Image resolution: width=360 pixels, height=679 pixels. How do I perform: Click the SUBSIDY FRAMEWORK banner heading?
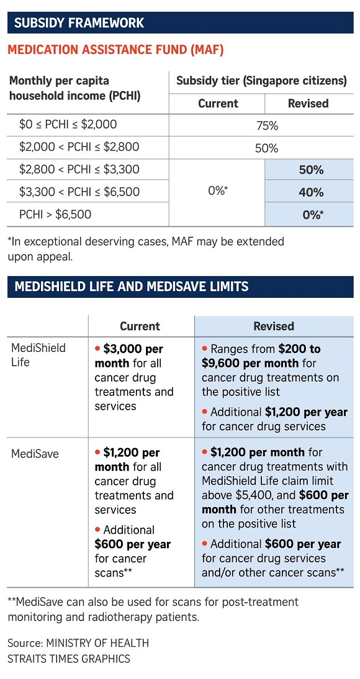pos(79,22)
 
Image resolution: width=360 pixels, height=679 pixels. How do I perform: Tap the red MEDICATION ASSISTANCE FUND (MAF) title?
pos(115,50)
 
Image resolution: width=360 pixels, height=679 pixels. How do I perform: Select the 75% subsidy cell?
pos(267,127)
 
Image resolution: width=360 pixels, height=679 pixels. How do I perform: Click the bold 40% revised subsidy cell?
pos(311,192)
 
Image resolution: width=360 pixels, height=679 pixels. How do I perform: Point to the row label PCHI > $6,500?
pos(55,214)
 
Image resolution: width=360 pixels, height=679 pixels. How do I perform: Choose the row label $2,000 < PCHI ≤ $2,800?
pos(79,147)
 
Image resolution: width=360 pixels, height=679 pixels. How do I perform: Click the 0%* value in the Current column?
pos(217,191)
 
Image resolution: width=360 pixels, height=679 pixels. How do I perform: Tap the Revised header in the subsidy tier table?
pos(308,104)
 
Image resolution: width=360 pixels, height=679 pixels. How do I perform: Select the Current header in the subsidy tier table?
pos(218,104)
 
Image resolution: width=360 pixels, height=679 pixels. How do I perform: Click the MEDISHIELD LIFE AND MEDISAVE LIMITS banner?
pos(132,286)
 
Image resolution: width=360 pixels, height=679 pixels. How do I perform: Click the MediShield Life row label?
pos(38,355)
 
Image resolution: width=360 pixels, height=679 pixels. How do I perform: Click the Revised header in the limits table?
pos(274,326)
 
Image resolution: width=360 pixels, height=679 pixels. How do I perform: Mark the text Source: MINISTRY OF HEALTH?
pos(78,643)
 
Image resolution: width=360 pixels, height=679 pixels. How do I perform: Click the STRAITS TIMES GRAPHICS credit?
pos(69,659)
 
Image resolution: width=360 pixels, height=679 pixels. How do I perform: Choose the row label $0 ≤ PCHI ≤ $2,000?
pos(68,125)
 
